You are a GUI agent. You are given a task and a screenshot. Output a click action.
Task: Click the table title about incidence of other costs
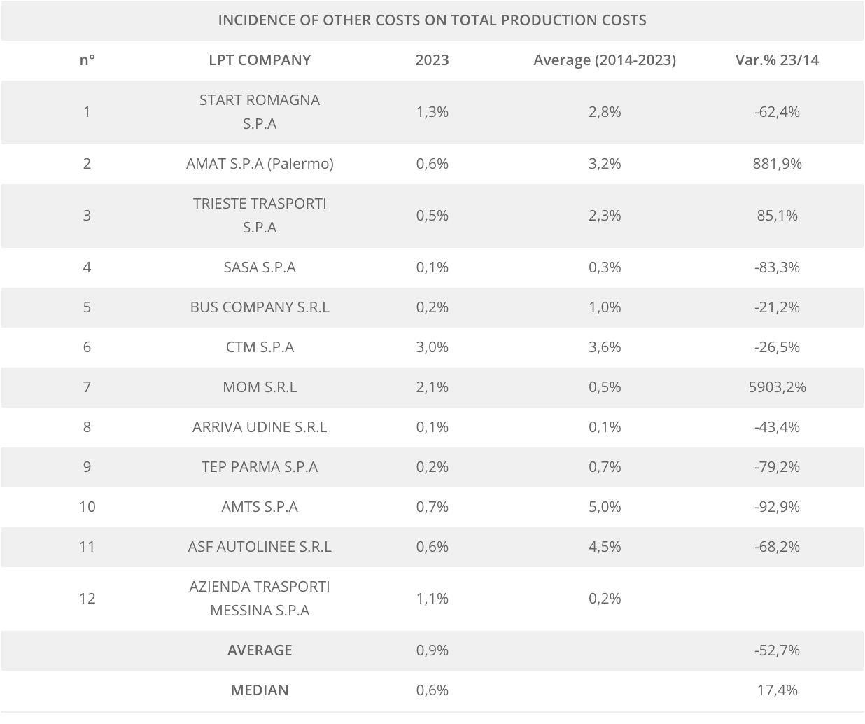tap(432, 20)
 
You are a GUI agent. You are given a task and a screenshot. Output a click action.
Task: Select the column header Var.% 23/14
tap(777, 60)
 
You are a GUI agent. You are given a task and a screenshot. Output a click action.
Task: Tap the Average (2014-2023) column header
tap(605, 60)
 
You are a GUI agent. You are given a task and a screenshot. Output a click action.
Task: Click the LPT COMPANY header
tap(260, 60)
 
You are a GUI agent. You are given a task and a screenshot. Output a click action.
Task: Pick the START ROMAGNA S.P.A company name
tap(260, 112)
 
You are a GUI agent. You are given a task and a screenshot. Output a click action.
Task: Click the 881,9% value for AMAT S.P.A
tap(777, 164)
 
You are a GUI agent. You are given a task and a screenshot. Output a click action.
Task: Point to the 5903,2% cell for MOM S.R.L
tap(777, 387)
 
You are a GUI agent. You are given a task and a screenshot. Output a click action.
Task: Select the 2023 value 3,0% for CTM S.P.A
tap(432, 347)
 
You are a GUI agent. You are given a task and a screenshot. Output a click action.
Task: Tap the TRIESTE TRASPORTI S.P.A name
tap(260, 216)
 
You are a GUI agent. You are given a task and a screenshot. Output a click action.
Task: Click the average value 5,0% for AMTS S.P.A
tap(605, 507)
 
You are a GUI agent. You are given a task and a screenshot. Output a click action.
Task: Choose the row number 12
tap(87, 599)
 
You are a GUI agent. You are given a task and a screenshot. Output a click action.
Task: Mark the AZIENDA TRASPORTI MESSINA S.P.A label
tap(260, 599)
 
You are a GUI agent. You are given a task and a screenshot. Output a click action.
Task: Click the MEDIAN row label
tap(260, 690)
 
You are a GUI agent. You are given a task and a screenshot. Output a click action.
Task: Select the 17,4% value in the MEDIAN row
tap(777, 690)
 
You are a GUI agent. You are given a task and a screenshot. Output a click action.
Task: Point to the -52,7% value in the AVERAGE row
tap(777, 650)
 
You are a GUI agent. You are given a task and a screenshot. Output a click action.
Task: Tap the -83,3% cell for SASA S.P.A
tap(777, 267)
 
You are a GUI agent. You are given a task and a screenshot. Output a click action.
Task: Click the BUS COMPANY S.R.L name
tap(260, 307)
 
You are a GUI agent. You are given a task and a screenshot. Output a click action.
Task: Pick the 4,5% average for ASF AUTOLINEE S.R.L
tap(605, 547)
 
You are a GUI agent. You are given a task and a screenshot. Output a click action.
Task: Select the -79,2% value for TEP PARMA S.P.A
tap(777, 467)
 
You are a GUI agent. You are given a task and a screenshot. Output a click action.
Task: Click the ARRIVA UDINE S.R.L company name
tap(260, 427)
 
